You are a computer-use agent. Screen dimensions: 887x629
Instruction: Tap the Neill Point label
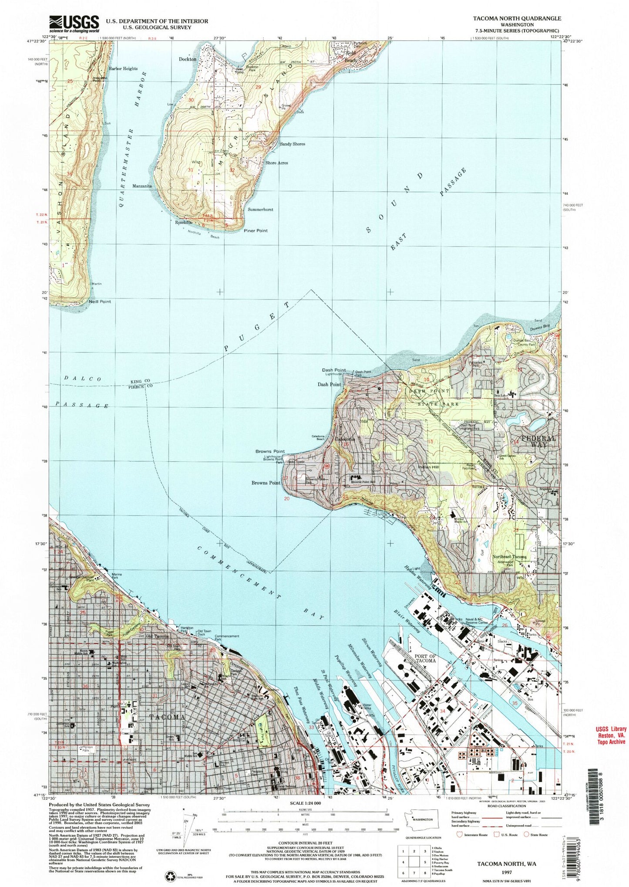pyautogui.click(x=100, y=301)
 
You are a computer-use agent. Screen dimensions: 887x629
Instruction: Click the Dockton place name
pyautogui.click(x=187, y=59)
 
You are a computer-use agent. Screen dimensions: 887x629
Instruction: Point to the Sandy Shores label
pyautogui.click(x=292, y=144)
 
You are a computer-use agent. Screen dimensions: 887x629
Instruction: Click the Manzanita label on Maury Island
pyautogui.click(x=142, y=186)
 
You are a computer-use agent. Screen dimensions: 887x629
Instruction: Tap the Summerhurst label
pyautogui.click(x=260, y=210)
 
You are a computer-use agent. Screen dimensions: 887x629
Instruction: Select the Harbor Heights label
pyautogui.click(x=123, y=68)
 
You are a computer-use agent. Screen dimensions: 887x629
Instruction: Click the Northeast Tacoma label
pyautogui.click(x=509, y=556)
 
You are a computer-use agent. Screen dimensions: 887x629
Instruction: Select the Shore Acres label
pyautogui.click(x=276, y=163)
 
